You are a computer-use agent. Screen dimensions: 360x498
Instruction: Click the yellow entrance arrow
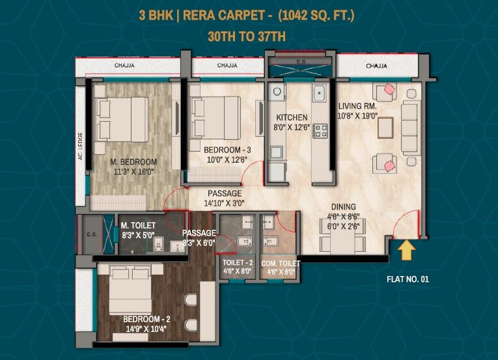(x=406, y=249)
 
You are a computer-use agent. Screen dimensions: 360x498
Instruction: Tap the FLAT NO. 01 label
(x=408, y=279)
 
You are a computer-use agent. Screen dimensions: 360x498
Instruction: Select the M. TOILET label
(x=137, y=226)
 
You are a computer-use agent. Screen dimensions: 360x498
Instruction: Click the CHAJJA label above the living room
(x=376, y=66)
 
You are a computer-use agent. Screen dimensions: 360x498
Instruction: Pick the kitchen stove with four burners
(x=320, y=130)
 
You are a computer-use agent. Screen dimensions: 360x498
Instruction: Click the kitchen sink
(x=318, y=94)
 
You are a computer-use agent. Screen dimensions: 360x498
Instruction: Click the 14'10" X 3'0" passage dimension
(x=224, y=203)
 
